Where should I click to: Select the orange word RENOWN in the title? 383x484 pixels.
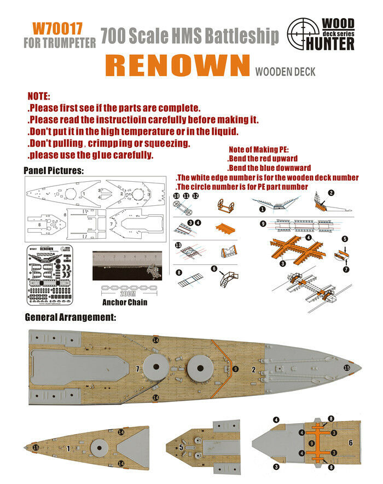[177, 65]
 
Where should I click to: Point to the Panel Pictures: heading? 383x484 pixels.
[54, 171]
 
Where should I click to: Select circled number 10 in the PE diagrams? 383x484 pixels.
[176, 195]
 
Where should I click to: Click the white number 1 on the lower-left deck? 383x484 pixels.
[68, 448]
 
